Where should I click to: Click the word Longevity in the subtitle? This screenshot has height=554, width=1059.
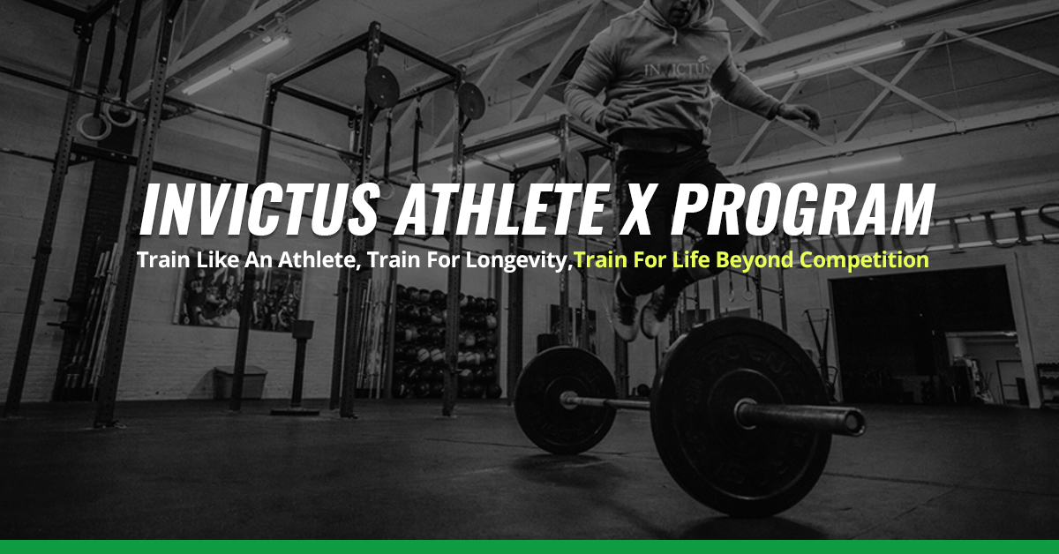click(x=526, y=261)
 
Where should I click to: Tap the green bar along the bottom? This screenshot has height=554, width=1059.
click(x=529, y=547)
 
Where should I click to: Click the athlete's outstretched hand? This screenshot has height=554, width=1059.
click(x=800, y=113)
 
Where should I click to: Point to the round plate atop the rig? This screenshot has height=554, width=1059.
click(x=381, y=86)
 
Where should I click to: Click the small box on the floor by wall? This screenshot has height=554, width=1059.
click(x=239, y=382)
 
